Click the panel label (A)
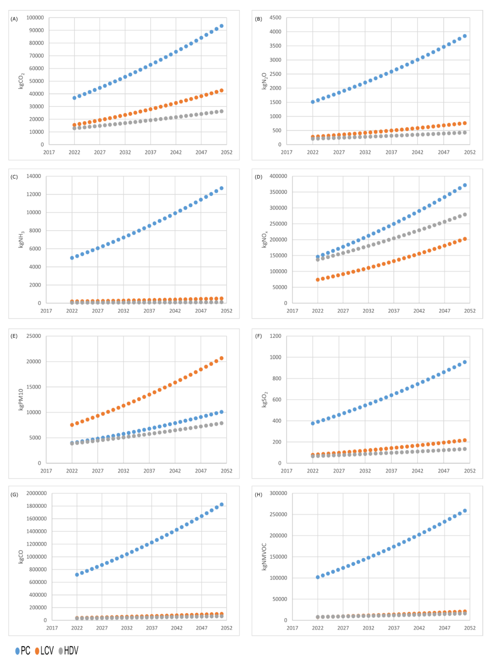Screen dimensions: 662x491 pos(14,19)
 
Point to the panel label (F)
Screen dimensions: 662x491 pos(258,336)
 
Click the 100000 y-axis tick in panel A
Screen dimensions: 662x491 pos(35,18)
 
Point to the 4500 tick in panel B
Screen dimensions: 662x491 pos(275,18)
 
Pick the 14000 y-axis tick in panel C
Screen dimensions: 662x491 pos(34,176)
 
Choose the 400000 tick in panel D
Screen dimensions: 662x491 pos(278,176)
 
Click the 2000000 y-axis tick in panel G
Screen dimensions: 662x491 pos(36,493)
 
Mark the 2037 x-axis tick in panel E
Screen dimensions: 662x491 pos(149,471)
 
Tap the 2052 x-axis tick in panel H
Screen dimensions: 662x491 pos(470,628)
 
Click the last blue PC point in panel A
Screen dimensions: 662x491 pos(221,26)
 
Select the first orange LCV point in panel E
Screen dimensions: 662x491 pos(72,425)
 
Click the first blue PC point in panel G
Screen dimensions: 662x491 pos(77,574)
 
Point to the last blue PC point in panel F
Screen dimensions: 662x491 pos(464,362)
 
